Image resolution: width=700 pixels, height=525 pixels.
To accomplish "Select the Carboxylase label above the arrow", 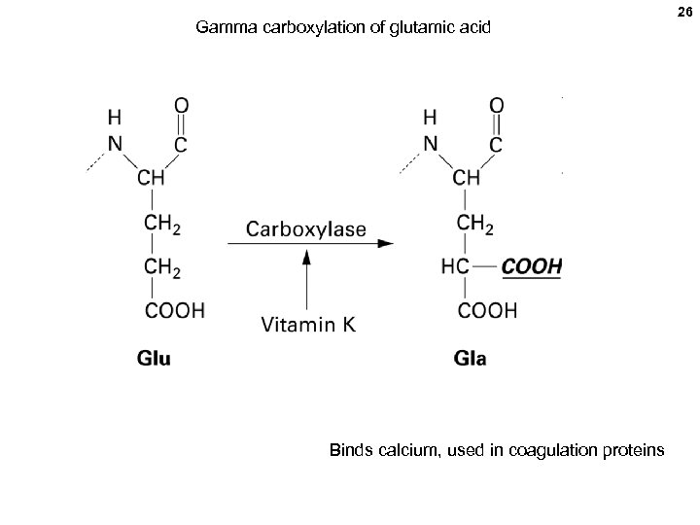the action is coord(306,230).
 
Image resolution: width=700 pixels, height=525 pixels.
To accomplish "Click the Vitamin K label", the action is coord(308,325).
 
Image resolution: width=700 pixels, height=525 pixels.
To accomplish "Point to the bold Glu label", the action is coord(154,359).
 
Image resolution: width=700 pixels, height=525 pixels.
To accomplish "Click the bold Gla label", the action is coord(472,359).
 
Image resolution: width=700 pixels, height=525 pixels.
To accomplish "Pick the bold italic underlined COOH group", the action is coord(532,266).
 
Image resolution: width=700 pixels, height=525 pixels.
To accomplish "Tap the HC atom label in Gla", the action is coord(454,266).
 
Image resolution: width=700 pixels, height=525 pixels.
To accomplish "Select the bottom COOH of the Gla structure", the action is coord(487,310).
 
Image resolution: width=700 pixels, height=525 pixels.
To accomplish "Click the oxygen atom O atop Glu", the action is coord(180,103).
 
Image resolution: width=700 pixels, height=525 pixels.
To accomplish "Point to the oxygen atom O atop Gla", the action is coord(496,103).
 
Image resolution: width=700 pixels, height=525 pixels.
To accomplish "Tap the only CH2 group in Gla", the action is coord(474,223).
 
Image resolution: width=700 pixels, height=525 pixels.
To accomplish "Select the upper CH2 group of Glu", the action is coord(162,223).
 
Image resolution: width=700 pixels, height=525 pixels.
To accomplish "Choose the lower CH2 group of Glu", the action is coord(162,266).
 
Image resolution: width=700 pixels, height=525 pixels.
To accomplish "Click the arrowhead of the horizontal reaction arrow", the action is coord(386,243).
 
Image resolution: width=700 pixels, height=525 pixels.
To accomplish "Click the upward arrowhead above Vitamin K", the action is coord(307,257).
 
